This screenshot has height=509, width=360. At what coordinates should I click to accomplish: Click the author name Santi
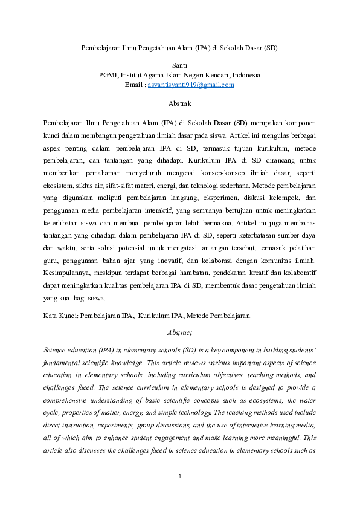[179, 65]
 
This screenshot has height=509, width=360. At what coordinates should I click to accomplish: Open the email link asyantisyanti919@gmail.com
[191, 85]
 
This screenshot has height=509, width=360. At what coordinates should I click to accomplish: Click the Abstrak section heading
[179, 104]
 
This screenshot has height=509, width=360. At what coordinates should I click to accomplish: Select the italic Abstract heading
[179, 332]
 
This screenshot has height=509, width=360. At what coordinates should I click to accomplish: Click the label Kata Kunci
[61, 316]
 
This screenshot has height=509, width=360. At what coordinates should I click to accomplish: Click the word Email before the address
[134, 85]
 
